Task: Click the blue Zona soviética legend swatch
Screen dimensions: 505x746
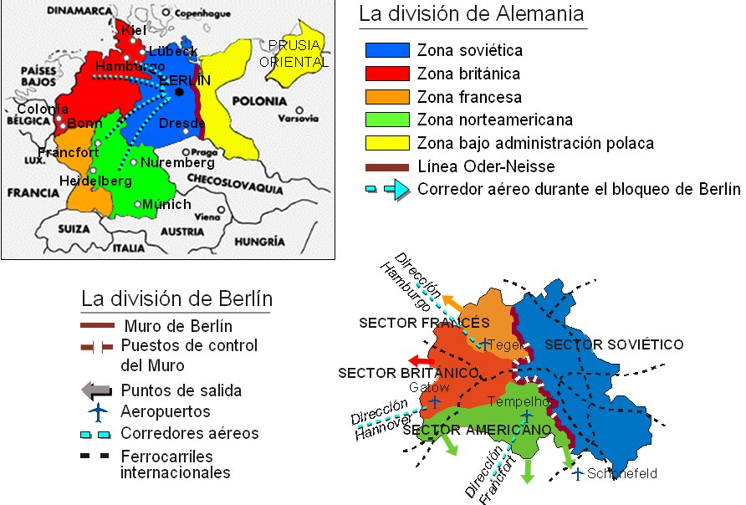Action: click(x=387, y=51)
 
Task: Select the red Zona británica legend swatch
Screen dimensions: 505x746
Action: click(x=387, y=74)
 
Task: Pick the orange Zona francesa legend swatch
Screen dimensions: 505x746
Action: click(x=387, y=96)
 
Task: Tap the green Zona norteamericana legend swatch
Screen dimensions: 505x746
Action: click(x=387, y=119)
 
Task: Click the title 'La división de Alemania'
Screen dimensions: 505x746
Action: click(x=471, y=15)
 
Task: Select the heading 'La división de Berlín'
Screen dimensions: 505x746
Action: click(x=176, y=299)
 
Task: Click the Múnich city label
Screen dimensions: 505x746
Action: click(x=166, y=204)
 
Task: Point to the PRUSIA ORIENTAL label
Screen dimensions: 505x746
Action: click(x=293, y=54)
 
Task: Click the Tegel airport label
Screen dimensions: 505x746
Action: click(x=504, y=344)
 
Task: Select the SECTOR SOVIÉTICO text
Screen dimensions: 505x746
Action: click(x=614, y=344)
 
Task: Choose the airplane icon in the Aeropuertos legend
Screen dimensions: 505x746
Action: click(x=99, y=411)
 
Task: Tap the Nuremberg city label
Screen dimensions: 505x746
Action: click(x=177, y=162)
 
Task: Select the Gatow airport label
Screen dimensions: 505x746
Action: click(x=429, y=387)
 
